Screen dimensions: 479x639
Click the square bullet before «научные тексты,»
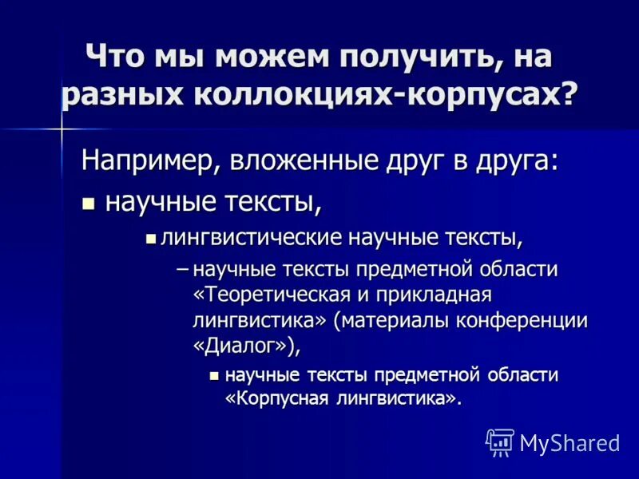[89, 203]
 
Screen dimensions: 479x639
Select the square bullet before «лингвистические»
[150, 237]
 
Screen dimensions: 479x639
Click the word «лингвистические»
[252, 237]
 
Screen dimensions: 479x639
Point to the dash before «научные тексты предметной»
[182, 268]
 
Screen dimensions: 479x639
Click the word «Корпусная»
[284, 398]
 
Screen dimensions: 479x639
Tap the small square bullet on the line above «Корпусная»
[213, 375]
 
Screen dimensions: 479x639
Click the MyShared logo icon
[500, 441]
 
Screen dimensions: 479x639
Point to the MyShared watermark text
[570, 442]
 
